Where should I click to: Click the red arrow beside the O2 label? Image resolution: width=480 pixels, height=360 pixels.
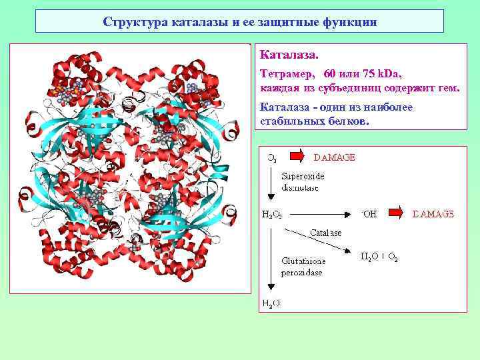point(297,157)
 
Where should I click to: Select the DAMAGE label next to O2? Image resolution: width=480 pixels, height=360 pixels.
point(334,157)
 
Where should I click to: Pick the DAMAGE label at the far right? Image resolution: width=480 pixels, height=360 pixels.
point(433,214)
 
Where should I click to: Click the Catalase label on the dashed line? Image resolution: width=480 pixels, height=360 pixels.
point(325,233)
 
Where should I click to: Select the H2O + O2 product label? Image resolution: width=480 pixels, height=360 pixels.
point(379,256)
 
